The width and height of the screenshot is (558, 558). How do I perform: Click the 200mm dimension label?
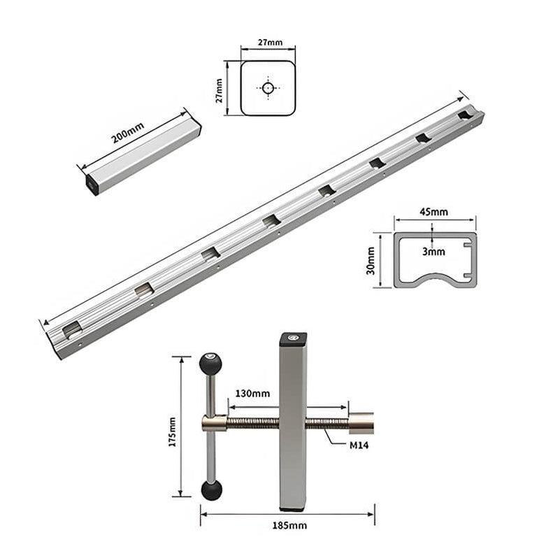tap(128, 131)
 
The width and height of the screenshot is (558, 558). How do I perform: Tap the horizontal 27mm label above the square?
tap(269, 43)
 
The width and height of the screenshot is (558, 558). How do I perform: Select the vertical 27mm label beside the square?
tap(220, 88)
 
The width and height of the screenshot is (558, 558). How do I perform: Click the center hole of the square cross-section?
tap(269, 88)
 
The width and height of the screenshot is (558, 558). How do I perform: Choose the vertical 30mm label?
tap(371, 260)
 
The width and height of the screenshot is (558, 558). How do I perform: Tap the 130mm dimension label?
tap(252, 394)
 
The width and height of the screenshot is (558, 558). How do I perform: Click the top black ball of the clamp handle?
tap(210, 364)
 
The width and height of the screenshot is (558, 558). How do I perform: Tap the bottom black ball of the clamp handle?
tap(211, 489)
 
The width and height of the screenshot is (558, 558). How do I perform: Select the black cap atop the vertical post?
tap(293, 339)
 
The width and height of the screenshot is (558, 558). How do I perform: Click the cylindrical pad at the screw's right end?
tap(362, 423)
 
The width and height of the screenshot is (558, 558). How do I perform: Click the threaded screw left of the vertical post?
tap(252, 423)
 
